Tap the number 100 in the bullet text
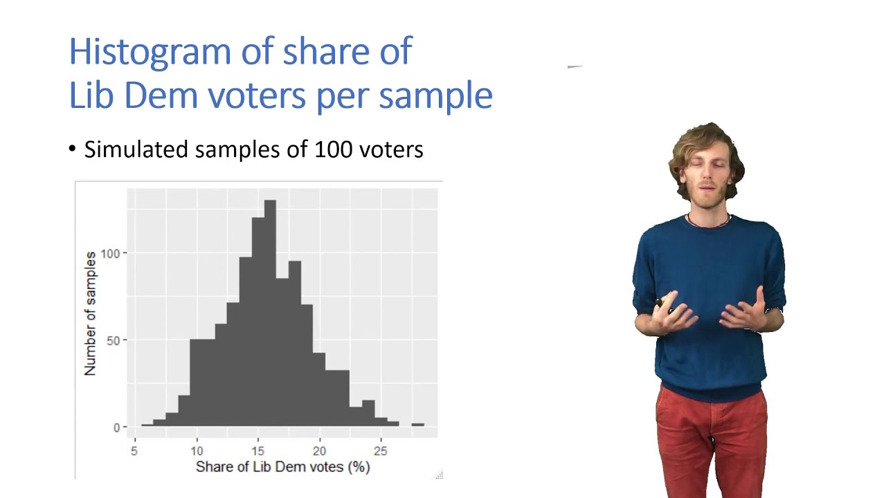[x=334, y=149]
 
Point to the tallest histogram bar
[x=269, y=311]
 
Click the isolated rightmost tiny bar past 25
[x=417, y=425]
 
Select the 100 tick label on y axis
[x=109, y=254]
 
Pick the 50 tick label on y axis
[x=112, y=340]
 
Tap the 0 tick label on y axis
[x=116, y=427]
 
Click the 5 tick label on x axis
[x=134, y=451]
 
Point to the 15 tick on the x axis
[x=257, y=451]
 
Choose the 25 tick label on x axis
[x=380, y=451]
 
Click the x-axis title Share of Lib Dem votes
[x=282, y=467]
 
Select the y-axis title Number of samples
[x=91, y=313]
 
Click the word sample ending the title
[x=435, y=95]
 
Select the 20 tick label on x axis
[x=319, y=451]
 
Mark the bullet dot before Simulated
[x=73, y=149]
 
